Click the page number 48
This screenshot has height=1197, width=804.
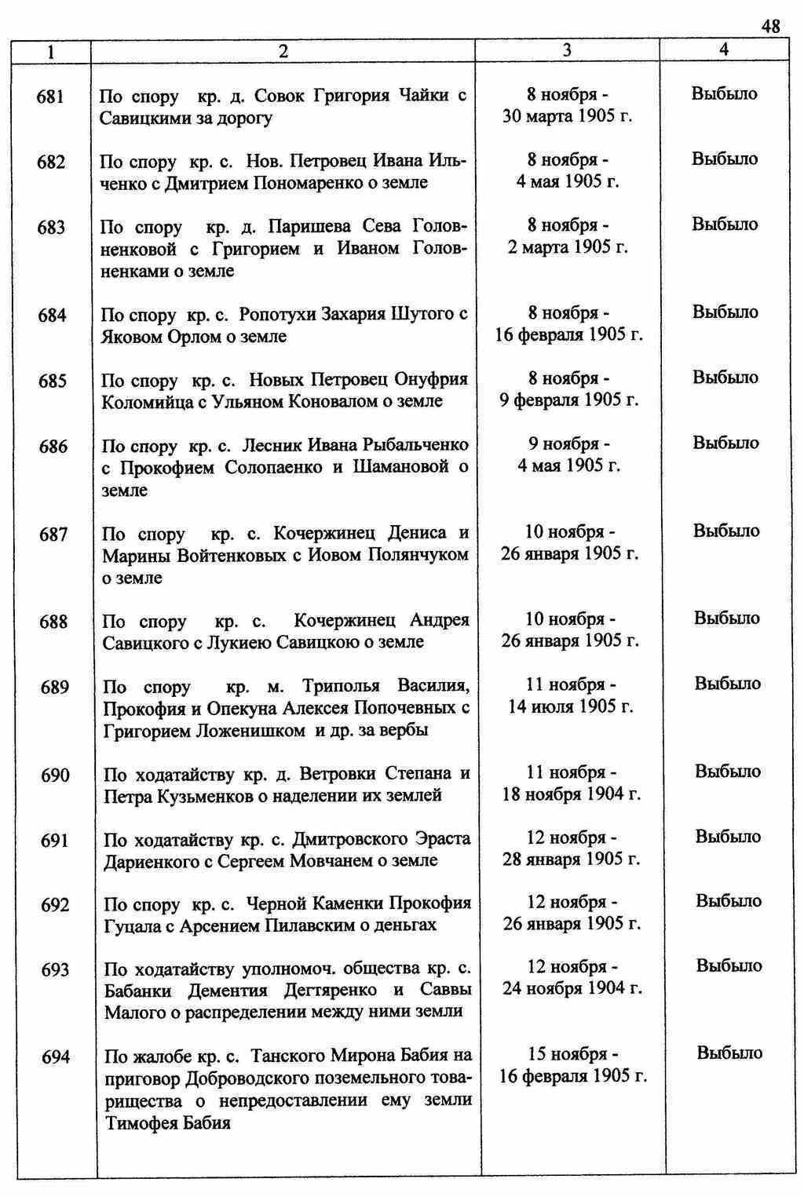coord(770,27)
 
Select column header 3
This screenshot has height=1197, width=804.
coord(567,50)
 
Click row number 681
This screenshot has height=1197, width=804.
coord(50,97)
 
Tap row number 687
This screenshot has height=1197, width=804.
coord(53,535)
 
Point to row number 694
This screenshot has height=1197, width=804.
coord(56,1056)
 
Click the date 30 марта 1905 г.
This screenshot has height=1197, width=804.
coord(568,117)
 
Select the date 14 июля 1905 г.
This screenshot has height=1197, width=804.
coord(571,706)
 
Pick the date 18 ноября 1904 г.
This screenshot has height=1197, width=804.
coord(572,794)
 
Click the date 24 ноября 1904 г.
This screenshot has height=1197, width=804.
coord(572,987)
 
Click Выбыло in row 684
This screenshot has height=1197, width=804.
coord(725,312)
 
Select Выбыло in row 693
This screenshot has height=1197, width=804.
coord(729,965)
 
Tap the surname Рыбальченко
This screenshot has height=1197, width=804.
coord(415,445)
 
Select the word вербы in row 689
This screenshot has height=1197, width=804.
coord(404,731)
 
